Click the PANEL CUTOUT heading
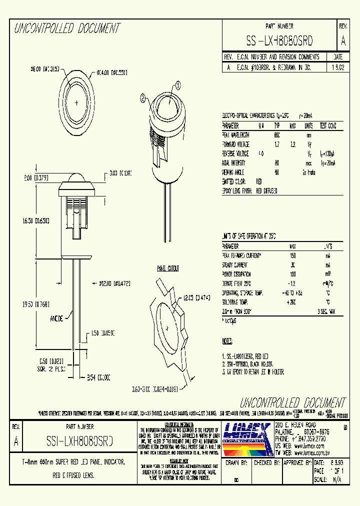coord(168,268)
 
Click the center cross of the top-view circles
coord(76,102)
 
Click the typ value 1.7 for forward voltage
coord(277,144)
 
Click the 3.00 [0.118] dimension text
coord(120,173)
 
